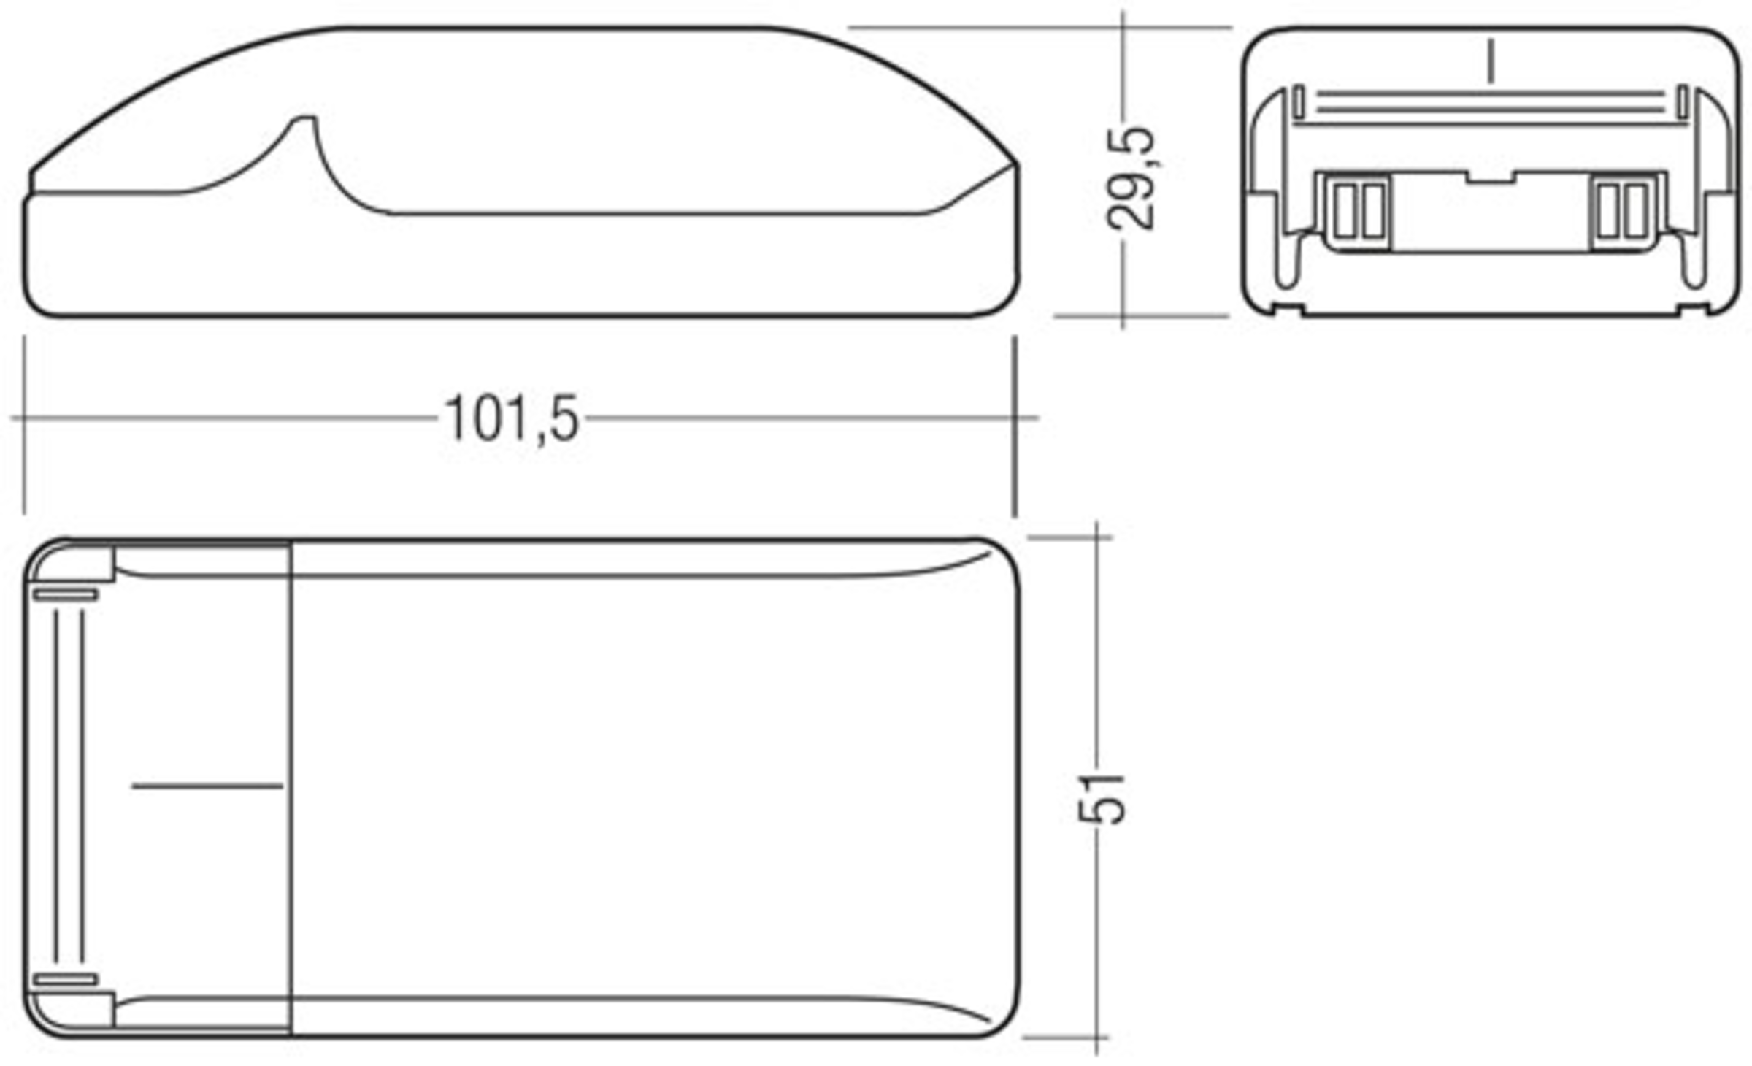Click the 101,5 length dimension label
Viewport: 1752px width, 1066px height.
[x=511, y=419]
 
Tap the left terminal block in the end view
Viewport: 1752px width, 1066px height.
[x=1357, y=212]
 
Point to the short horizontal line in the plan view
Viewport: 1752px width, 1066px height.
[x=207, y=786]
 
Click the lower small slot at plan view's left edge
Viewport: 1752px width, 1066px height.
[x=66, y=979]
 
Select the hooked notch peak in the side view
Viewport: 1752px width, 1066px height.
[x=305, y=118]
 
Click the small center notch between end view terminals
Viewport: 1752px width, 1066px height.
[x=1491, y=177]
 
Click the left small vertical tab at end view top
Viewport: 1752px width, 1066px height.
[x=1299, y=101]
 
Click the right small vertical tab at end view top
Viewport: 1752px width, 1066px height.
[x=1683, y=101]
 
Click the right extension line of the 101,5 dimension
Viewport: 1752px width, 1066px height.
[x=1015, y=427]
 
